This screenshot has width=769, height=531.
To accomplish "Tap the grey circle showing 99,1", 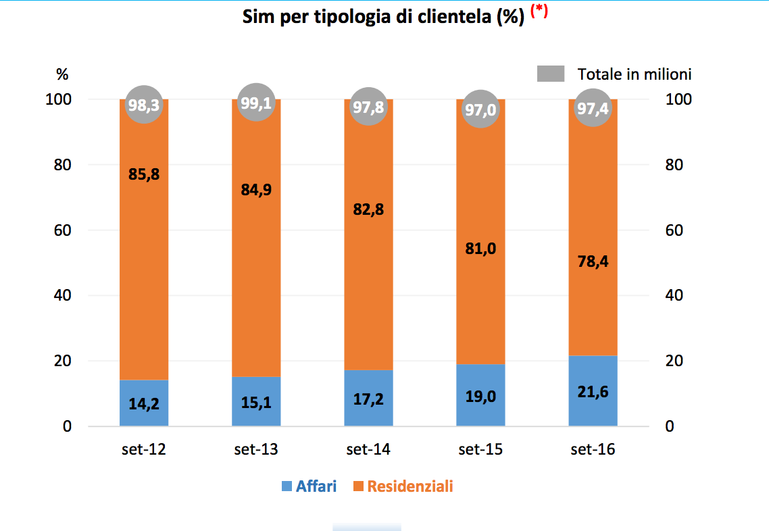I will click(256, 103).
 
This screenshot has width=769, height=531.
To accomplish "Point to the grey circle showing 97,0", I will click(480, 109).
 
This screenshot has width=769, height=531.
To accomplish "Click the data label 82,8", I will click(368, 209).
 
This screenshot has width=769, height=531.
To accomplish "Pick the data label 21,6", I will click(593, 391).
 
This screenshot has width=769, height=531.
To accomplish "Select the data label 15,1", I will click(256, 402).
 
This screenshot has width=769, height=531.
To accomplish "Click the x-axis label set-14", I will click(368, 450).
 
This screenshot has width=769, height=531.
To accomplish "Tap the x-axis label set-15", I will click(480, 450).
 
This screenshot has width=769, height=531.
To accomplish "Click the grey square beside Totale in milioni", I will click(551, 74).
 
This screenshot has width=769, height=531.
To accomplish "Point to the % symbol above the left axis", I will click(62, 74).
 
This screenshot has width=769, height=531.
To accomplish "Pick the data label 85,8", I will click(144, 175).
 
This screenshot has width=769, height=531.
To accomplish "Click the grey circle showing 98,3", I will click(144, 105).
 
